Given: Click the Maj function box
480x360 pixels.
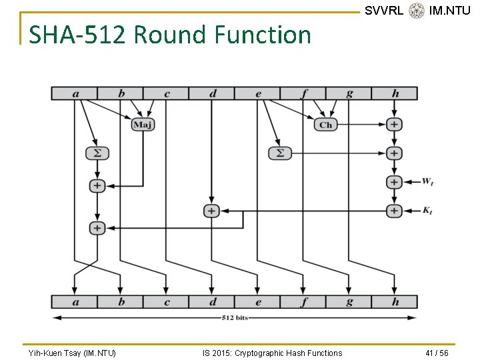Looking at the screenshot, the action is (x=143, y=124).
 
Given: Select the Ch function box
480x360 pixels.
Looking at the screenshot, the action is (x=325, y=124).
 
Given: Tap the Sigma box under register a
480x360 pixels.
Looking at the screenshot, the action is (x=97, y=153).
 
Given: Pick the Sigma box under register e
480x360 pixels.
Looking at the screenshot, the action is (x=280, y=153).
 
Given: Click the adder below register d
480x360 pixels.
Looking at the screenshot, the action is (x=211, y=211).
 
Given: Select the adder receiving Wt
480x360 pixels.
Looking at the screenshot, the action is (x=394, y=181).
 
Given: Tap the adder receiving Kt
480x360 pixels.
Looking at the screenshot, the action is (x=394, y=211).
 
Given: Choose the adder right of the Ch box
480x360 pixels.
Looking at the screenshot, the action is (x=394, y=124).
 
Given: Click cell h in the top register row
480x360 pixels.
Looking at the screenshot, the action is (x=395, y=93).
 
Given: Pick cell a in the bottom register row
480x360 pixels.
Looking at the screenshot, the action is (x=75, y=301).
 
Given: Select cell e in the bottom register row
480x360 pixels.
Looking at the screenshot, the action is (x=258, y=301).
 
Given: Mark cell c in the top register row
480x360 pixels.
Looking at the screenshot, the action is (x=166, y=93).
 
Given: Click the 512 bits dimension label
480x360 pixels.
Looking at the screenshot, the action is (x=235, y=318).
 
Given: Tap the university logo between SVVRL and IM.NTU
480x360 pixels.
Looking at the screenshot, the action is (x=417, y=11).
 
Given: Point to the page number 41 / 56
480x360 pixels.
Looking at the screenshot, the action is (x=437, y=353).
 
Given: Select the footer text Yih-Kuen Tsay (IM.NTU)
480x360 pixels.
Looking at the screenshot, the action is (x=72, y=353).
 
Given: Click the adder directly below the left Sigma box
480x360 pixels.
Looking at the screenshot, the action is (x=97, y=185).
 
